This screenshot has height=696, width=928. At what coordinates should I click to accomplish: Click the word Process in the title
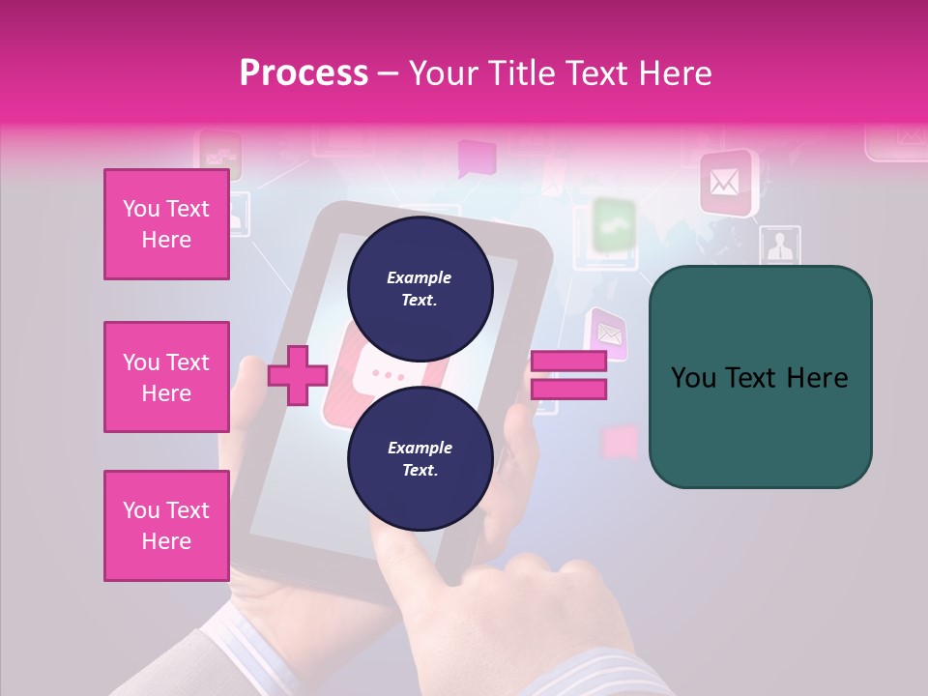(x=304, y=73)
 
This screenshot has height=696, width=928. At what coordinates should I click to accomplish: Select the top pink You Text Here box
(x=166, y=224)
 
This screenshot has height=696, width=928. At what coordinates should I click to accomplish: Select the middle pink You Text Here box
(x=166, y=377)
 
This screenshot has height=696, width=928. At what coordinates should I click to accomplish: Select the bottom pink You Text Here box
(x=166, y=526)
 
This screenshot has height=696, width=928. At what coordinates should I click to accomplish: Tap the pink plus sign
(x=298, y=376)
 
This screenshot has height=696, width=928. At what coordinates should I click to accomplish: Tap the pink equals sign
(x=568, y=375)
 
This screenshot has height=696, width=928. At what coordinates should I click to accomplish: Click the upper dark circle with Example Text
(x=420, y=288)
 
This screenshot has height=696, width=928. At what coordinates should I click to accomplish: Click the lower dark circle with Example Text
(x=420, y=458)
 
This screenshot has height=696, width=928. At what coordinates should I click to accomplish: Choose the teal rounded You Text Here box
(x=760, y=377)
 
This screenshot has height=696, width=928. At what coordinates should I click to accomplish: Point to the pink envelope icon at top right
(x=727, y=182)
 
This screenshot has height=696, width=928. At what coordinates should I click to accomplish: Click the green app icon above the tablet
(x=613, y=224)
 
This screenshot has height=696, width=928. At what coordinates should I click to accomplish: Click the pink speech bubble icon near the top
(x=476, y=158)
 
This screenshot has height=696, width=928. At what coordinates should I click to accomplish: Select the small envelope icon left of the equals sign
(x=607, y=333)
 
